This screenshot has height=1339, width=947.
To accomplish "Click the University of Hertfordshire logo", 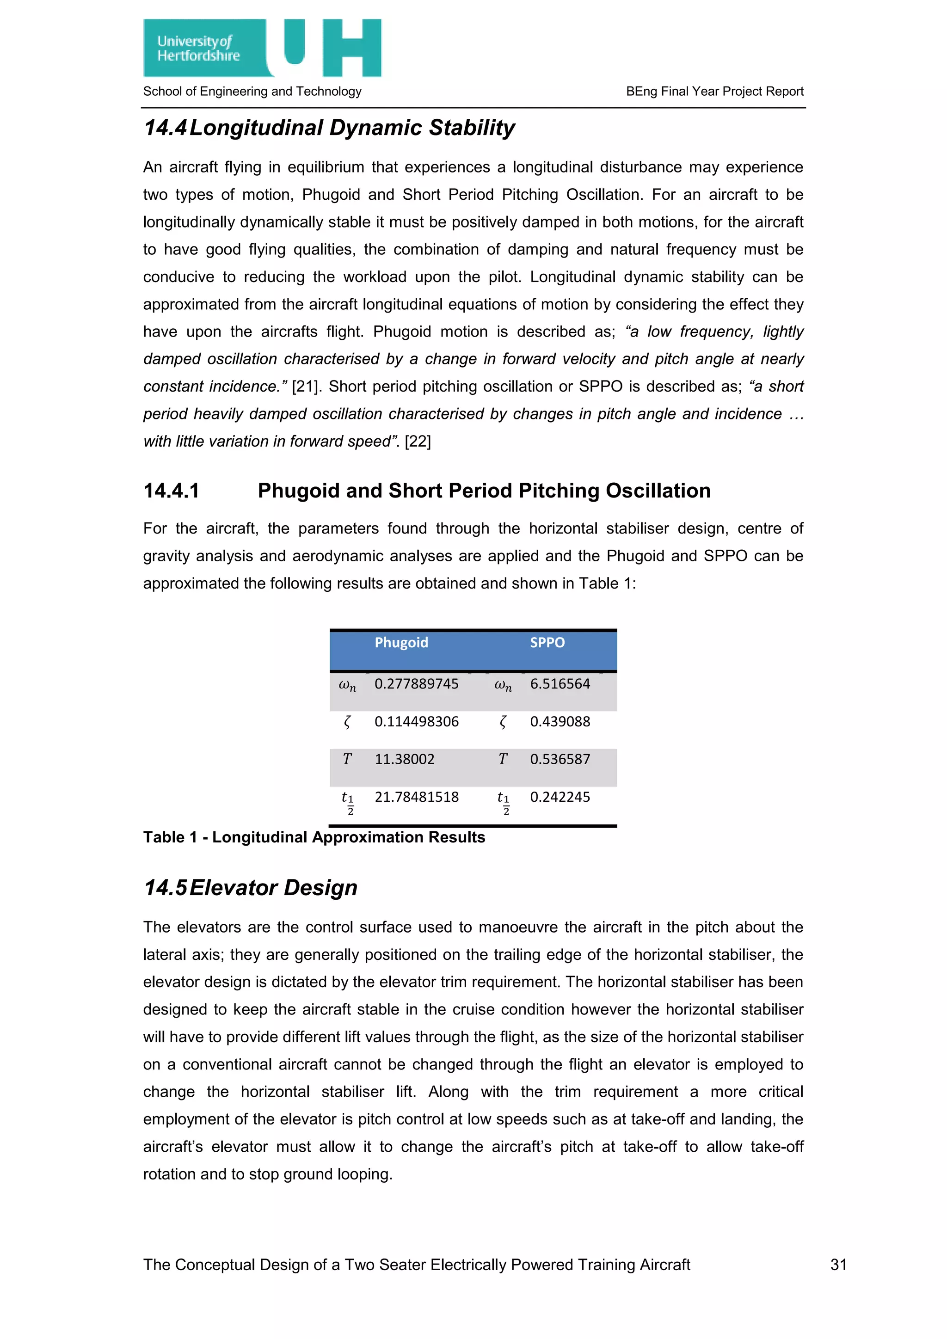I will click(x=262, y=48).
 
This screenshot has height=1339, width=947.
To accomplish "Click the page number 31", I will click(x=838, y=1265).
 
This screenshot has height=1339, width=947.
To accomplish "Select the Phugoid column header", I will click(x=401, y=643).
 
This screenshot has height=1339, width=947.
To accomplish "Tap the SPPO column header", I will click(x=547, y=643).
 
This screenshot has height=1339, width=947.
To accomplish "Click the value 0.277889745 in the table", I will click(x=416, y=684).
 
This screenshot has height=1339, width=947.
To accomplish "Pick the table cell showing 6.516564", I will click(x=560, y=684).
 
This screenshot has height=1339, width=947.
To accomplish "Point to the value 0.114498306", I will click(x=416, y=722).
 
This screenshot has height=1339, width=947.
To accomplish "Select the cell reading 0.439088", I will click(x=560, y=722).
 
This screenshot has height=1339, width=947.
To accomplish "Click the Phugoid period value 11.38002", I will click(x=404, y=759).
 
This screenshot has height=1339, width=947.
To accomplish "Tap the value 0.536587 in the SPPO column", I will click(x=560, y=759).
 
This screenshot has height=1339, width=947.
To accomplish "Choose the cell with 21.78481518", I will click(x=416, y=797).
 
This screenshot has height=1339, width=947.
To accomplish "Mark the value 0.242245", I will click(x=560, y=797).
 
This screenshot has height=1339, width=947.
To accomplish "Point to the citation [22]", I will click(x=418, y=442).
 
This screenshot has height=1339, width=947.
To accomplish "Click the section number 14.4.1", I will click(x=172, y=491).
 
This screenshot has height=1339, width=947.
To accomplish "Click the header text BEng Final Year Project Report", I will click(x=714, y=92).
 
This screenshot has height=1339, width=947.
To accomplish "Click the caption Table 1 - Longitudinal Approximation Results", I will click(x=314, y=837).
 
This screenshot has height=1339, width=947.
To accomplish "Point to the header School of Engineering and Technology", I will click(x=252, y=92).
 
